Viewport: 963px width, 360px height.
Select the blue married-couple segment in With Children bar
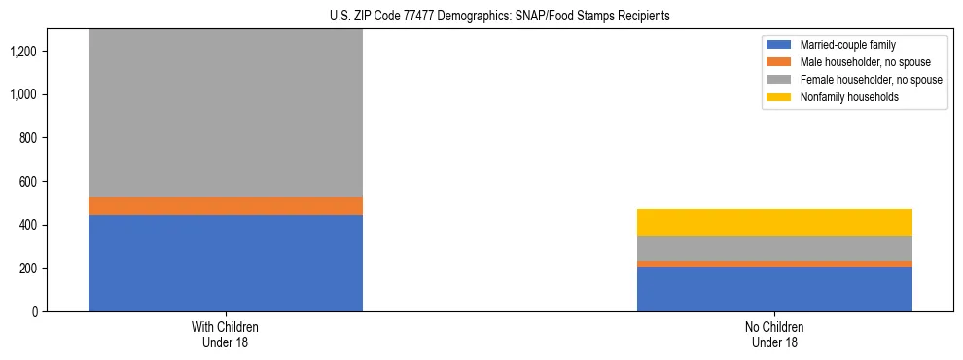pos(225,263)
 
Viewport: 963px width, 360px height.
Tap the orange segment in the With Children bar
pos(225,205)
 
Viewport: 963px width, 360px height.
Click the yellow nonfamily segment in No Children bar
pos(774,223)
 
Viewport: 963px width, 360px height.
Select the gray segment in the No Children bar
pos(774,248)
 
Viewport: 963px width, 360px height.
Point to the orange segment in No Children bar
pos(774,264)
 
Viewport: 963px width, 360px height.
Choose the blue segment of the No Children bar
pos(774,289)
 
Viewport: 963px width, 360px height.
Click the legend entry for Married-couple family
pos(846,45)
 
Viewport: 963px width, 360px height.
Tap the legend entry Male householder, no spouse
pos(863,62)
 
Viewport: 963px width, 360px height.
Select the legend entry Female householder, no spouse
pos(870,79)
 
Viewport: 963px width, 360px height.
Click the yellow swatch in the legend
pos(780,96)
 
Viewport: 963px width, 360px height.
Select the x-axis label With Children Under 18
pos(225,334)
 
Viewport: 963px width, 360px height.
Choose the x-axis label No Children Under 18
pos(774,334)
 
